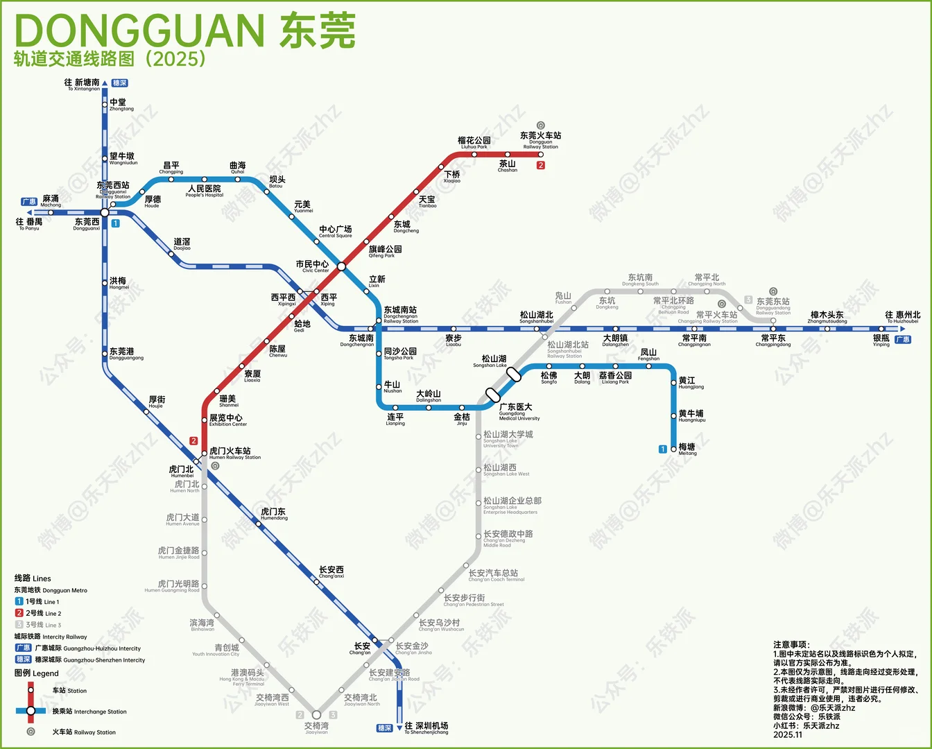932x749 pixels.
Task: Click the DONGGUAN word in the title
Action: (x=139, y=31)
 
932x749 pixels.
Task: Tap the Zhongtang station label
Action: (x=121, y=105)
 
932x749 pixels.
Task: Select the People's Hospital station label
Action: (x=204, y=191)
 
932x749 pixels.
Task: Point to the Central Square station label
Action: (x=335, y=232)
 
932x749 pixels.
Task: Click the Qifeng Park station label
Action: (x=385, y=251)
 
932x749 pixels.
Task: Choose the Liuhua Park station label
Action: (x=474, y=143)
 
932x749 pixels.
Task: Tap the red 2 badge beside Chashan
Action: (x=541, y=165)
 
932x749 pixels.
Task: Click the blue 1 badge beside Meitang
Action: (x=663, y=449)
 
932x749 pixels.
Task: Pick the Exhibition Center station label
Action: (x=227, y=420)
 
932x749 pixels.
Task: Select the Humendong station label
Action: (x=273, y=514)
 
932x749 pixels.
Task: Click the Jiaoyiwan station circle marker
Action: (x=316, y=714)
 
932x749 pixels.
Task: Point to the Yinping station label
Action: (x=881, y=341)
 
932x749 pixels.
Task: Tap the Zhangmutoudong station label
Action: (x=827, y=318)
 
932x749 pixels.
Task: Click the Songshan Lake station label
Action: (x=493, y=361)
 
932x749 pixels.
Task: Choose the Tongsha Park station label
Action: (x=400, y=354)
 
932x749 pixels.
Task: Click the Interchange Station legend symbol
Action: (x=31, y=711)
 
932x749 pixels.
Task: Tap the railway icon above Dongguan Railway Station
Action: (x=541, y=126)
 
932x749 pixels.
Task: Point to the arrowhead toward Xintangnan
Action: (x=105, y=83)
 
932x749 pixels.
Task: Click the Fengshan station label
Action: (x=648, y=354)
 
